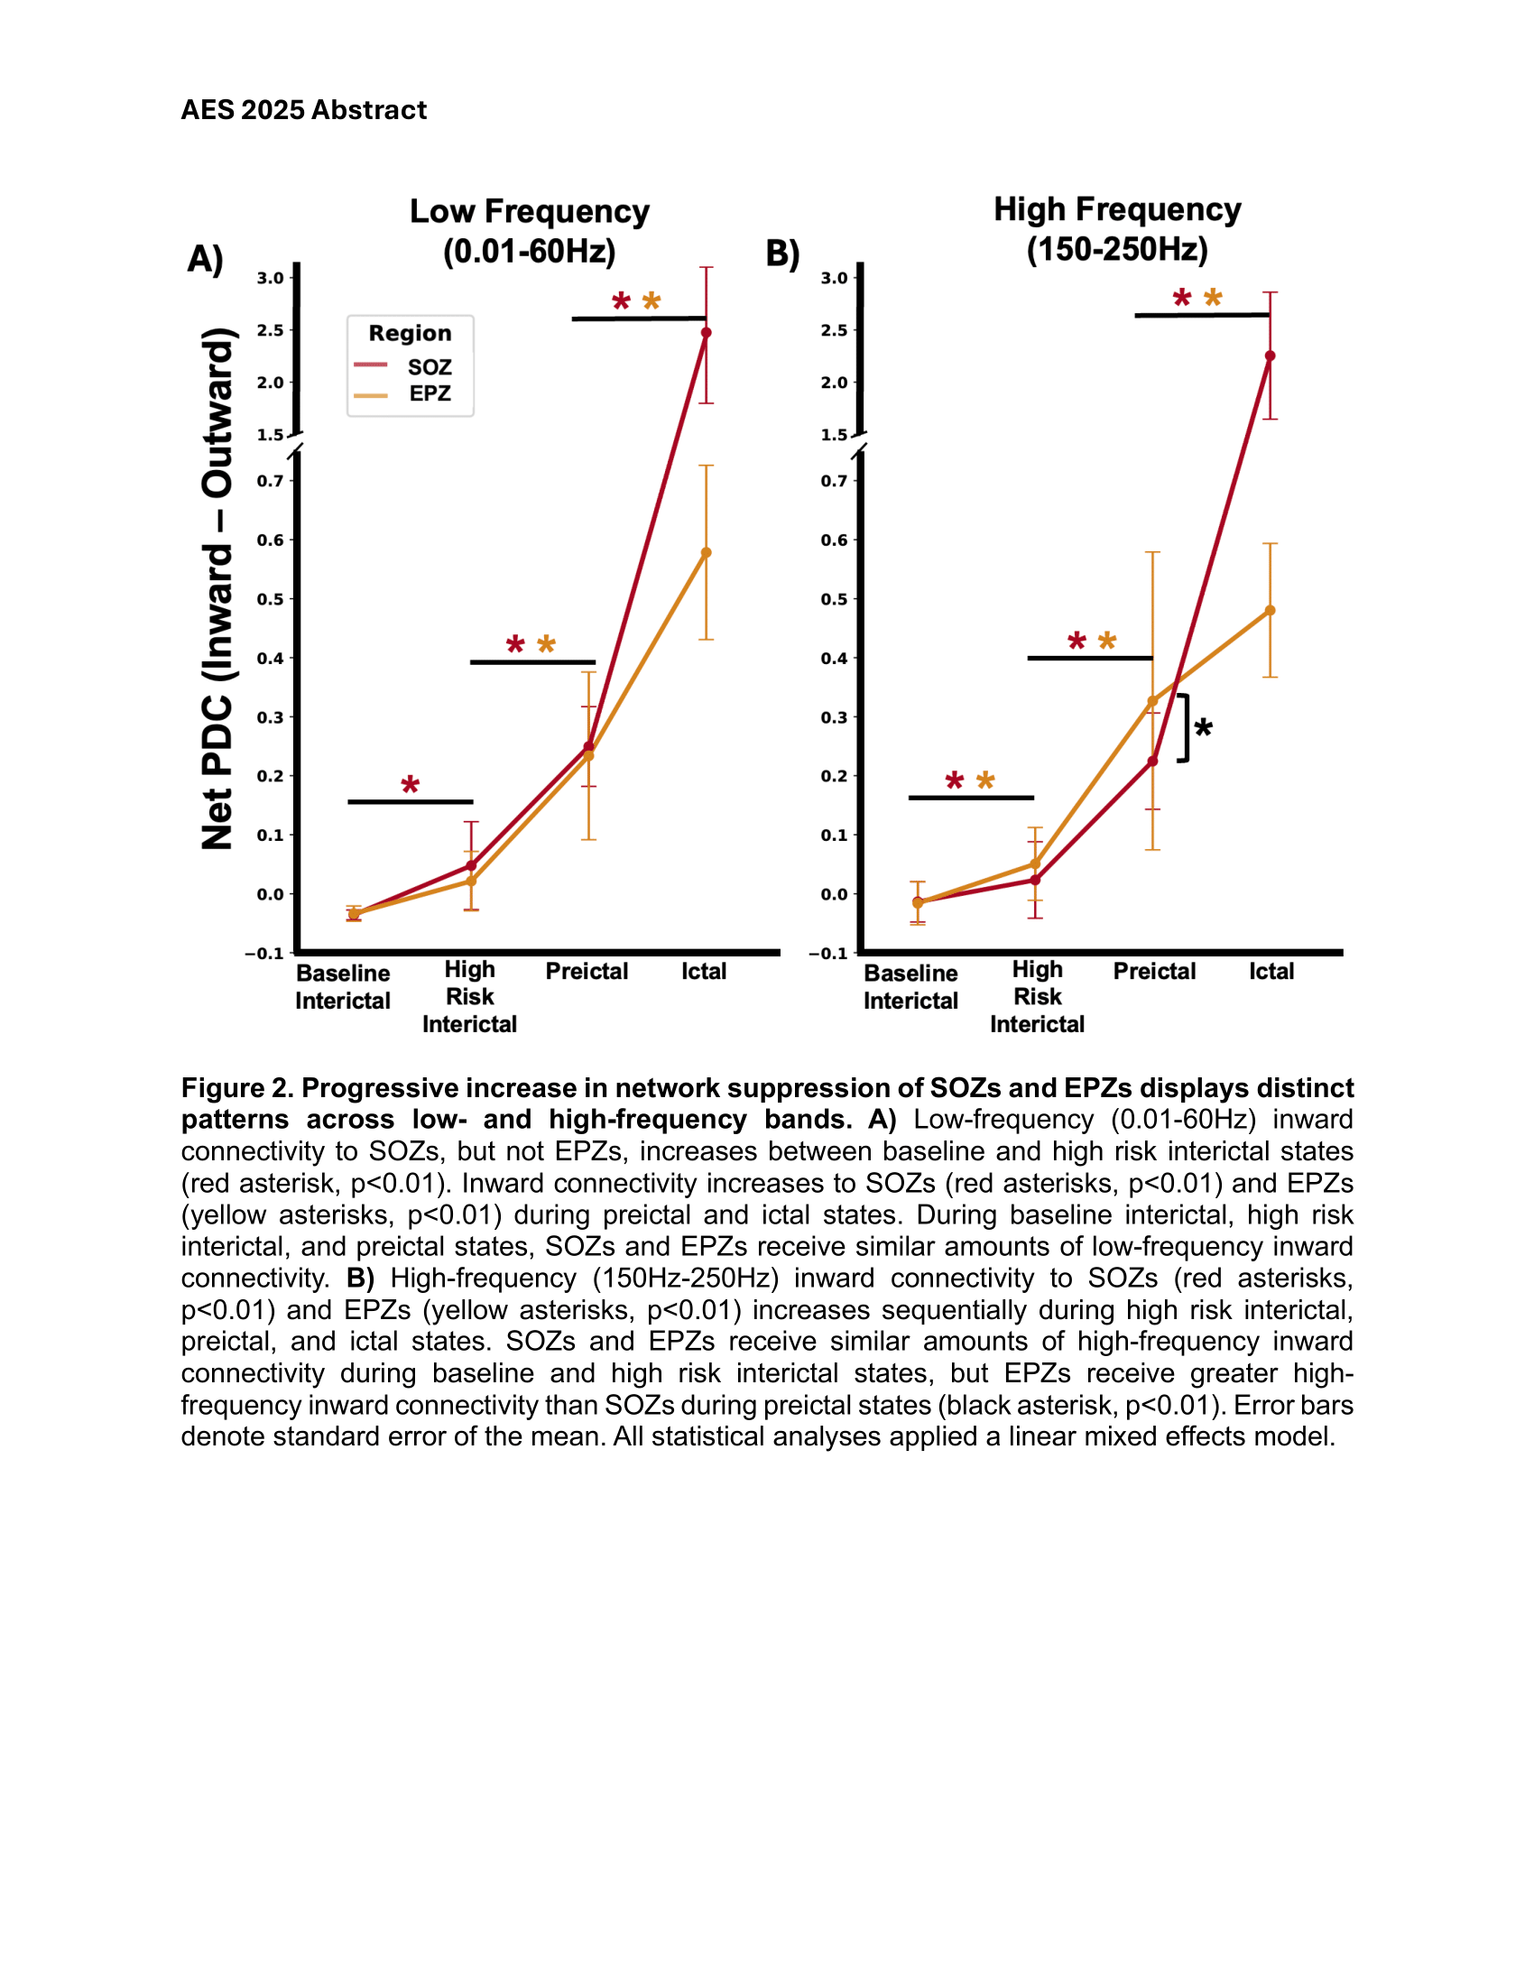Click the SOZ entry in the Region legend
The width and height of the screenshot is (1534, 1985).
tap(429, 367)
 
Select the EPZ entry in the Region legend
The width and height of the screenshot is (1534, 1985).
tap(429, 393)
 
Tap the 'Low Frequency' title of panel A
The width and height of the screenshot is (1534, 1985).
tap(529, 212)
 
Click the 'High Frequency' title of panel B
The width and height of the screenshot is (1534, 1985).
tap(1117, 210)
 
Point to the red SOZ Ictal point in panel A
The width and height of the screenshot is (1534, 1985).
tap(707, 333)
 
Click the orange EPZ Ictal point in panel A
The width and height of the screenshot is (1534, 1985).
tap(707, 552)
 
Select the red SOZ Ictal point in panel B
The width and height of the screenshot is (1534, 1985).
tap(1270, 356)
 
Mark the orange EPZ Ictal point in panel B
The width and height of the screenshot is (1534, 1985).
tap(1270, 611)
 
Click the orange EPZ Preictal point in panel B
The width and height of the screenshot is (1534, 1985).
tap(1152, 702)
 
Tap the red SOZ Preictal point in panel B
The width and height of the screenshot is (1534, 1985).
tap(1152, 762)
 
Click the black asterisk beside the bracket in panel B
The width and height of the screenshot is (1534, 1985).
tap(1203, 728)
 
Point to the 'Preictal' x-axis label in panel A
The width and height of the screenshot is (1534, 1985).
tap(587, 972)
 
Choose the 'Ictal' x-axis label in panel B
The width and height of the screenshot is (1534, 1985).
tap(1271, 972)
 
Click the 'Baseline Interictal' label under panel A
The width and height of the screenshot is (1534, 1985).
tap(343, 987)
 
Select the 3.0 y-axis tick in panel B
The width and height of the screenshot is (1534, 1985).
tap(834, 278)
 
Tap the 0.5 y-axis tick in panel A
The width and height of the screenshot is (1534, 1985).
tap(270, 599)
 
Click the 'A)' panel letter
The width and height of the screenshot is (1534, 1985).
tap(205, 259)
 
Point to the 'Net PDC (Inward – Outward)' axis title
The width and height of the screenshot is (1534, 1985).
tap(217, 589)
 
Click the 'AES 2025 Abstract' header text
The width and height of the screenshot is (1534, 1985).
tap(303, 110)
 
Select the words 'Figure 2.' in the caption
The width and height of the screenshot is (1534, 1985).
tap(236, 1088)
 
